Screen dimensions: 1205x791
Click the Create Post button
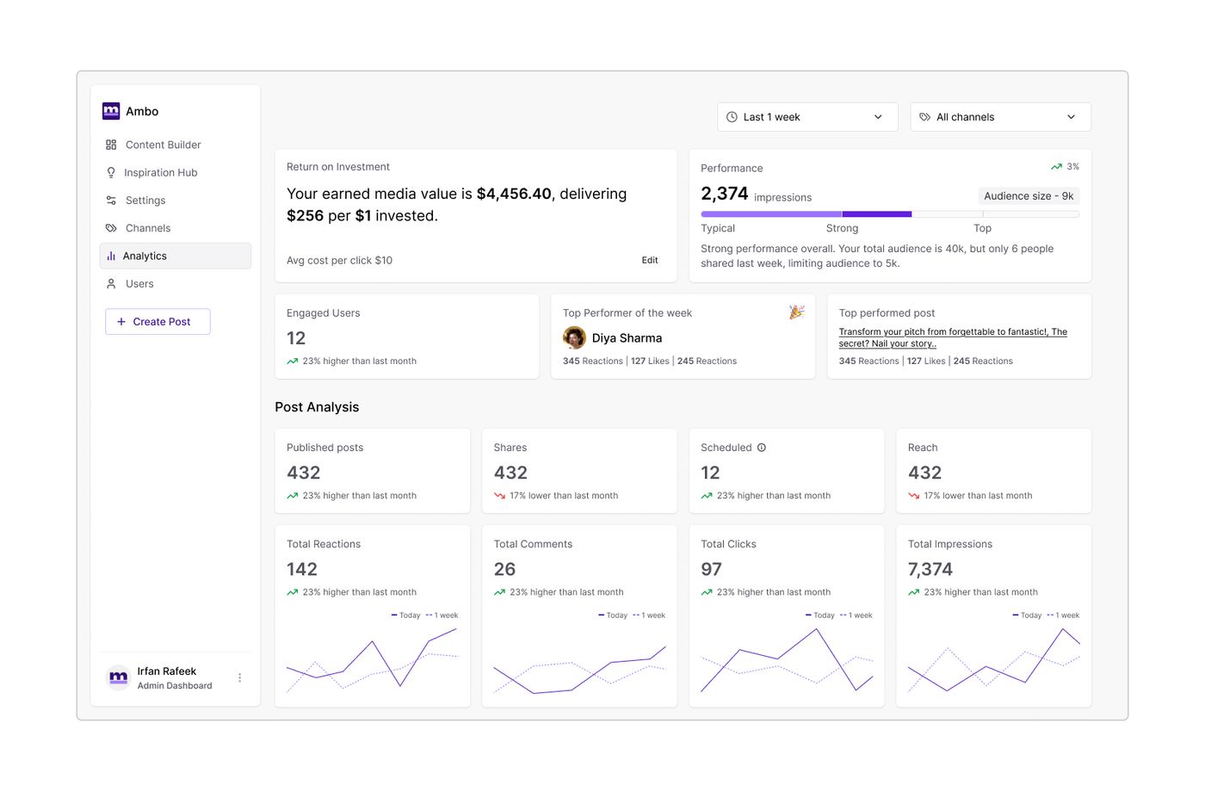[x=158, y=322]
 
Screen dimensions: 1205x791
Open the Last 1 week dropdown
[x=807, y=117]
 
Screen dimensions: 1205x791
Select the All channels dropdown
[x=1000, y=117]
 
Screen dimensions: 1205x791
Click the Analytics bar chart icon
[x=111, y=256]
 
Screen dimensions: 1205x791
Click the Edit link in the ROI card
[x=650, y=261]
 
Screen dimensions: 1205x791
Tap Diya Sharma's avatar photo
[x=574, y=338]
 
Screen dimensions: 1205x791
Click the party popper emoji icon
[x=797, y=312]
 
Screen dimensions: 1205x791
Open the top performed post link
[x=953, y=337]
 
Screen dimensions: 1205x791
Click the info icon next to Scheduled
[x=762, y=448]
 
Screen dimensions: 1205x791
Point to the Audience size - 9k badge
[x=1029, y=196]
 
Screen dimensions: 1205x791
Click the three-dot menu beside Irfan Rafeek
[x=240, y=678]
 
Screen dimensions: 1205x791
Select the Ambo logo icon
[x=111, y=111]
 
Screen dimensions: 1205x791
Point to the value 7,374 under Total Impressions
[x=930, y=569]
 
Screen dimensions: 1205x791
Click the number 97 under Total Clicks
[x=711, y=569]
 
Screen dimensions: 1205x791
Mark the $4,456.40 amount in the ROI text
[x=514, y=194]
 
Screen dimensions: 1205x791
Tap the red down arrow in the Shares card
[x=500, y=496]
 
